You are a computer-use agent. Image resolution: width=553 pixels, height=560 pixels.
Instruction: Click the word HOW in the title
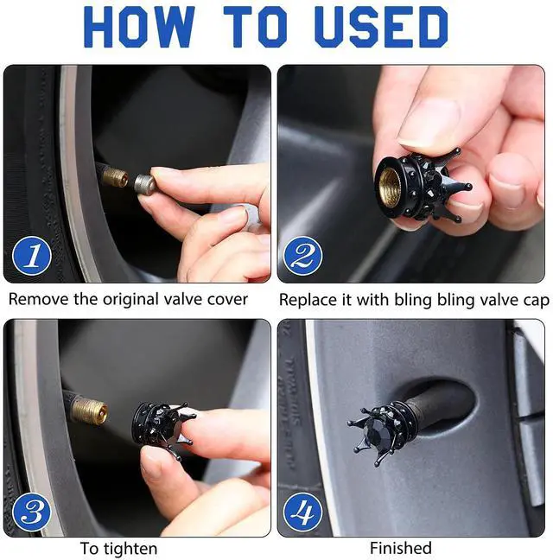139,27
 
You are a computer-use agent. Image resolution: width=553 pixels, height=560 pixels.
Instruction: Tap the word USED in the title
381,27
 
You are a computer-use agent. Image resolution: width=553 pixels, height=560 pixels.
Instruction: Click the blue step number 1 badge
32,256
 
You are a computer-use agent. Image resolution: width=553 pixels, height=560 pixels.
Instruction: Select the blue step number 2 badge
303,256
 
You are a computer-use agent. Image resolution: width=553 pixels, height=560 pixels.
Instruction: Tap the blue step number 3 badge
32,512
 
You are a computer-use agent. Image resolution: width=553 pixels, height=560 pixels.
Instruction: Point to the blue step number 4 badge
303,512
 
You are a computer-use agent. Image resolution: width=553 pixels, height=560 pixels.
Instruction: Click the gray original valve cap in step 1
144,184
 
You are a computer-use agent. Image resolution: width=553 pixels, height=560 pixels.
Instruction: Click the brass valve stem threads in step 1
115,177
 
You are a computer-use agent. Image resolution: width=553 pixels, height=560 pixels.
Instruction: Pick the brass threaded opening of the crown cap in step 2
390,187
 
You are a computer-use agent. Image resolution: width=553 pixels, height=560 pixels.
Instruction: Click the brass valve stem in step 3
88,410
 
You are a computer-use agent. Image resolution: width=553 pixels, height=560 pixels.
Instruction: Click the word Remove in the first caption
39,299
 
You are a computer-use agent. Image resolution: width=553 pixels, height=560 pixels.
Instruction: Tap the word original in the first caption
130,300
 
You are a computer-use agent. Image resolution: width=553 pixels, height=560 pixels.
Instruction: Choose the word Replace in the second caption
308,301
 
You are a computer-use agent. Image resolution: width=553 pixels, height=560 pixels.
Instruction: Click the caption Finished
401,548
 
